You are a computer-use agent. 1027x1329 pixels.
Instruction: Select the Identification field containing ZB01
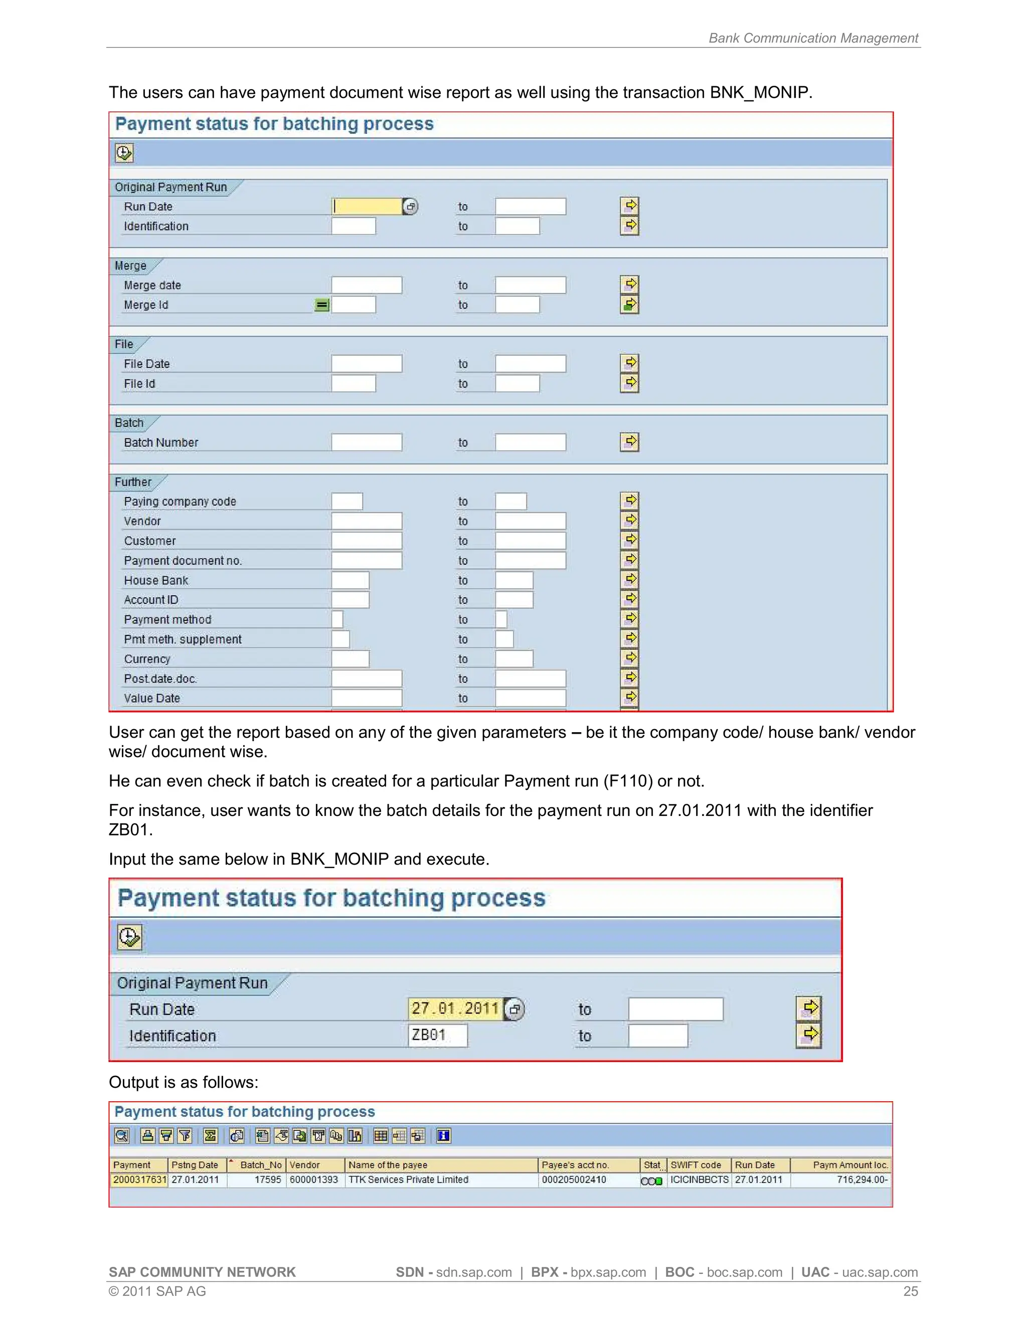(437, 1035)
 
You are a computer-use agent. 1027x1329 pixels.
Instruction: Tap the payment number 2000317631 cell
(139, 1180)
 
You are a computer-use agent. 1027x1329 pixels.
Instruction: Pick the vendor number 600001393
(313, 1180)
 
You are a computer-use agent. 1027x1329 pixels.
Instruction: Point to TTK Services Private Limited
(408, 1180)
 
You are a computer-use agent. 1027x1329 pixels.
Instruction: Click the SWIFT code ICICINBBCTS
(699, 1180)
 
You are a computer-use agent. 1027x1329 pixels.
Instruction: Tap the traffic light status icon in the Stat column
(651, 1181)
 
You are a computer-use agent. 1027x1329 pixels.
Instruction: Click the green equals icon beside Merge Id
(322, 305)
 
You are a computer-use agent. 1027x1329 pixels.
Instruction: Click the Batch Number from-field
(366, 442)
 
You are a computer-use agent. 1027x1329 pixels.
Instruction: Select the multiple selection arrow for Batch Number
(630, 442)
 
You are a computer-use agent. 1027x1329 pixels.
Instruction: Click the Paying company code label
(180, 502)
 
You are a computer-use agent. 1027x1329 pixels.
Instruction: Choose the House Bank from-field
(351, 580)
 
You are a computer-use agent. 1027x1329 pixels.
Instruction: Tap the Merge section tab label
(131, 266)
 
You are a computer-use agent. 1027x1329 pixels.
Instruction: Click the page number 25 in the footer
(910, 1291)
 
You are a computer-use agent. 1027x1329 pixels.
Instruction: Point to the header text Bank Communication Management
(813, 38)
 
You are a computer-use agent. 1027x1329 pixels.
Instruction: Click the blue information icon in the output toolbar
(443, 1135)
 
